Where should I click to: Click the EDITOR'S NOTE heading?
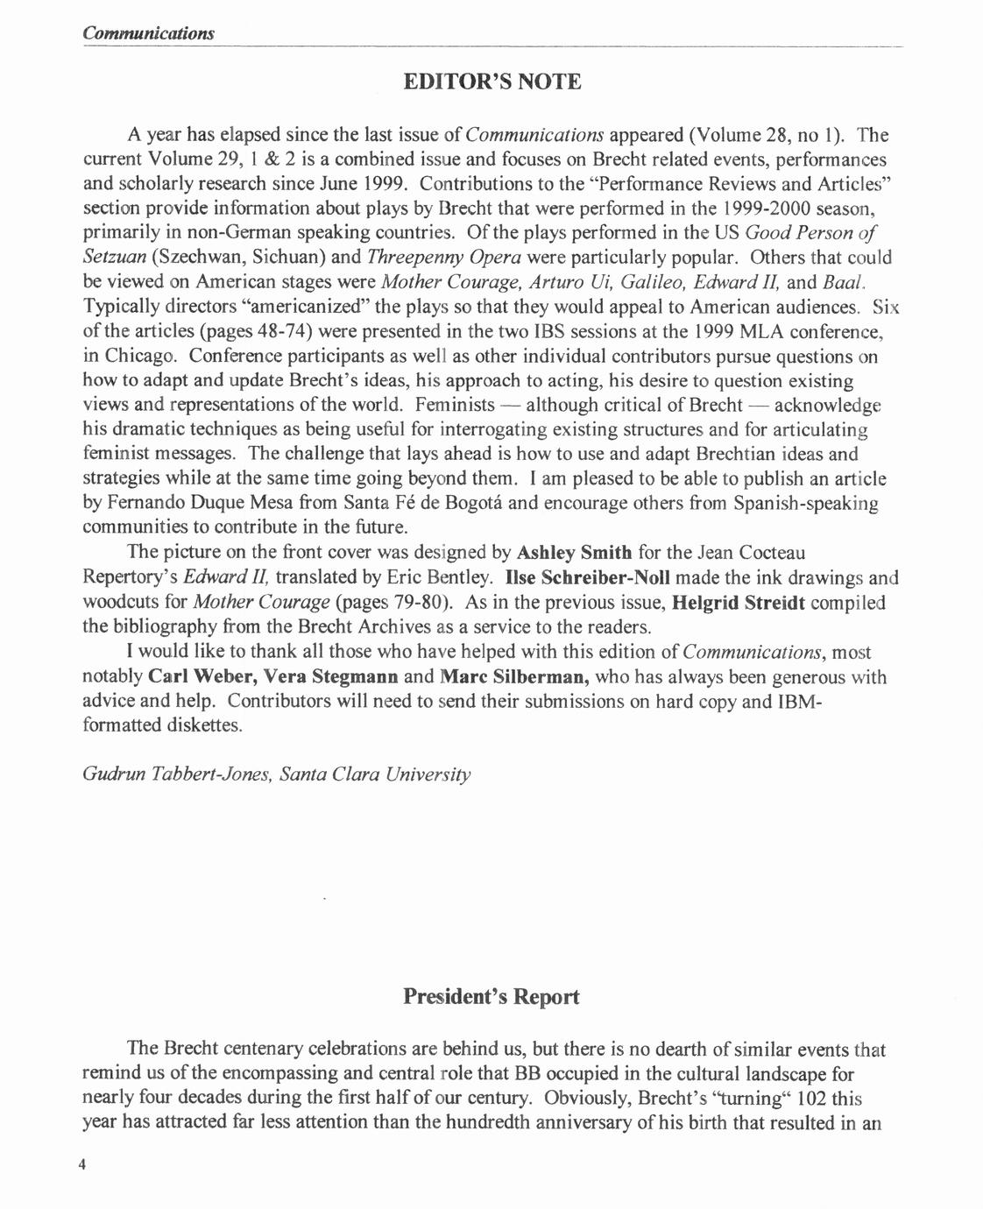click(491, 82)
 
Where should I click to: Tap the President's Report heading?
click(491, 997)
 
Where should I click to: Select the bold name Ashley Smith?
click(575, 553)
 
